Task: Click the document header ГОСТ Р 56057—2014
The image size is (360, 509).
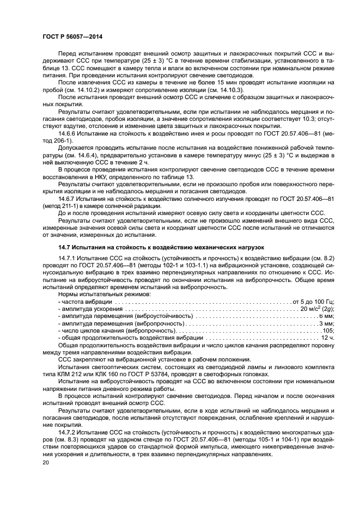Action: [72, 36]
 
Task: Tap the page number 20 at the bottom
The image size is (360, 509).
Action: [46, 461]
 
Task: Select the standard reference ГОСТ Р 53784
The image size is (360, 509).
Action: [170, 374]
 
